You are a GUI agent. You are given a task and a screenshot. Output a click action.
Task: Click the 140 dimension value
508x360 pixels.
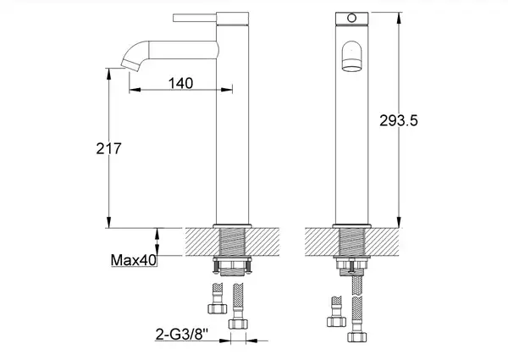(x=180, y=83)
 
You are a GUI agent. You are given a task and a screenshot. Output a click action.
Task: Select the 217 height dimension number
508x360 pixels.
(x=108, y=149)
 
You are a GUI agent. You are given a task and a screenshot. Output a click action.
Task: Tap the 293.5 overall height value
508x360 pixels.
(x=399, y=121)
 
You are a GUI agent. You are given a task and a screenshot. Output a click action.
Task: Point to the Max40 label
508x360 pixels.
(x=134, y=260)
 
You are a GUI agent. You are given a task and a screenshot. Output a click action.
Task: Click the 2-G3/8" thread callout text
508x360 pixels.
(x=181, y=334)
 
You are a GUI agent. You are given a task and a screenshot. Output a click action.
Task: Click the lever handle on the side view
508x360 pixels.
(x=195, y=18)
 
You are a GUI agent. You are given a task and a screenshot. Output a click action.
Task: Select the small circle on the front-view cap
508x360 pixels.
(x=351, y=18)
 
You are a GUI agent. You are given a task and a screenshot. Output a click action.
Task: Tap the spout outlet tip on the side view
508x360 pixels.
(x=130, y=65)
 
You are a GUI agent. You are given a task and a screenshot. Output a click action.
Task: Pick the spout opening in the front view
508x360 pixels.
(x=351, y=68)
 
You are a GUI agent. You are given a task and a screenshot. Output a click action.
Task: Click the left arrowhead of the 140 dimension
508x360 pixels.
(x=135, y=90)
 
